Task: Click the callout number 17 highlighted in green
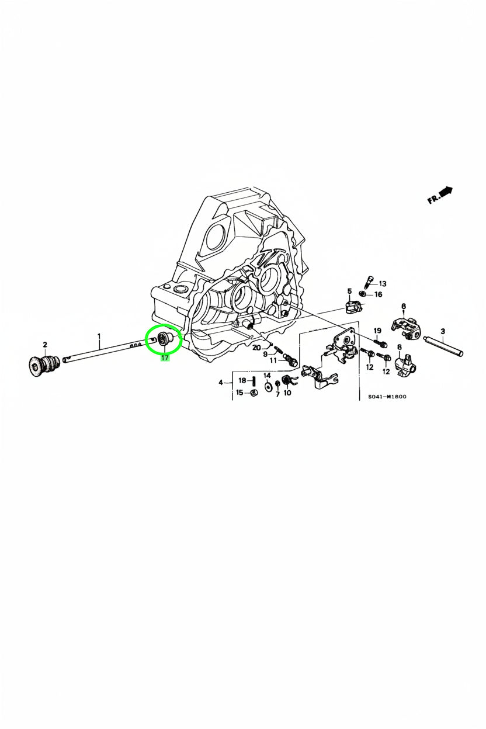[165, 358]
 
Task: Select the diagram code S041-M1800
[387, 397]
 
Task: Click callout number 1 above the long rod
[99, 335]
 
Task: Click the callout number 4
[221, 383]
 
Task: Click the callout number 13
[383, 284]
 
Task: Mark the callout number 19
[377, 331]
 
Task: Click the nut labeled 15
[255, 393]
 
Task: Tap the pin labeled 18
[254, 380]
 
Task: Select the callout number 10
[287, 393]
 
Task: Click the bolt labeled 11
[290, 360]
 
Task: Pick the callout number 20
[256, 348]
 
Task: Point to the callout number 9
[265, 354]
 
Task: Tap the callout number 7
[277, 394]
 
